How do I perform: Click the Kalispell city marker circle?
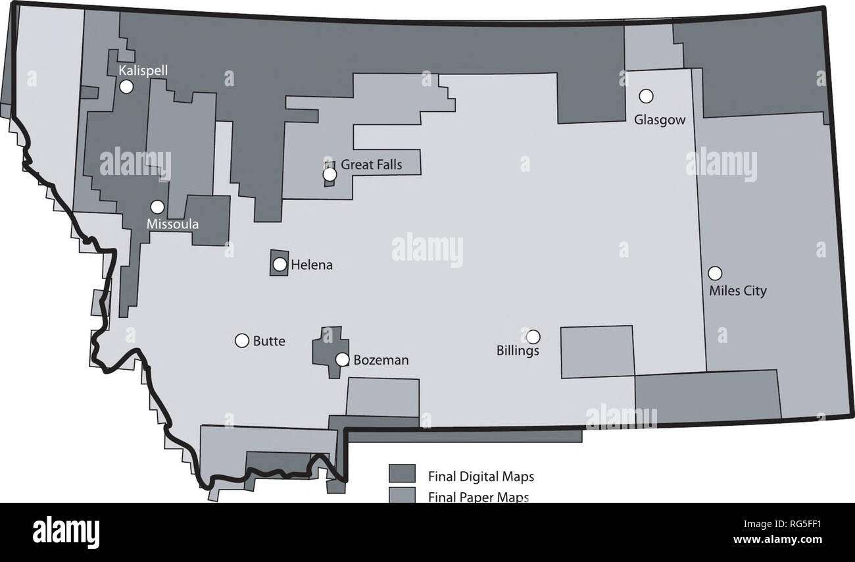click(126, 86)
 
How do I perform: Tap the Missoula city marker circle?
click(157, 207)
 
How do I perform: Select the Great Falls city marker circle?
click(330, 174)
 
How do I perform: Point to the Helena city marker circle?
click(280, 265)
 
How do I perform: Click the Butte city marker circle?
click(242, 340)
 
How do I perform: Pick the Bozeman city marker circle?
click(342, 359)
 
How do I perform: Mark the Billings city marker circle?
click(533, 336)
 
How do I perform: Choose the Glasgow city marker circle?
click(647, 96)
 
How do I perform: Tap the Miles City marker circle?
click(715, 272)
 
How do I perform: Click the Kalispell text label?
click(138, 70)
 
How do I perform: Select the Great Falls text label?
click(371, 165)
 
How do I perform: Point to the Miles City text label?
click(738, 290)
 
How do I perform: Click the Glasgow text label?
click(660, 120)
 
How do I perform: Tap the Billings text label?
click(518, 351)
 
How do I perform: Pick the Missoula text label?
click(172, 224)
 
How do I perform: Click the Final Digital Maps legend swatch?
click(402, 474)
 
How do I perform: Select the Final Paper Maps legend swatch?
click(402, 494)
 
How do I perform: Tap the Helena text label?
click(312, 265)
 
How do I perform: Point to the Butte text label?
click(269, 341)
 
